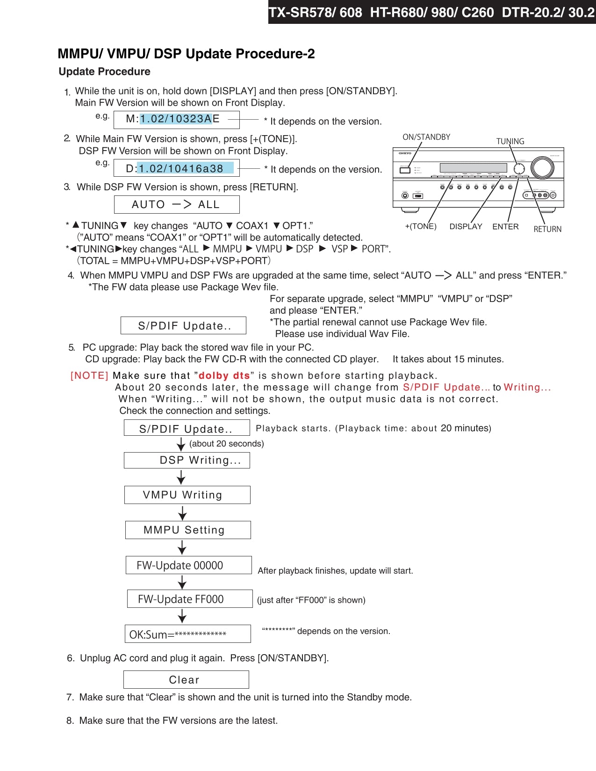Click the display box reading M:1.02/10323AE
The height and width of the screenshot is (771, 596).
pyautogui.click(x=177, y=119)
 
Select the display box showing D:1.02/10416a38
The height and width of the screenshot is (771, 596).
pyautogui.click(x=177, y=168)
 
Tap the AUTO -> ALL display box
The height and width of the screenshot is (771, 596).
pyautogui.click(x=177, y=204)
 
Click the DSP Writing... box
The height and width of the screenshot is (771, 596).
pyautogui.click(x=187, y=460)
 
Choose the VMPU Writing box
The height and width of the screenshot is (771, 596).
pyautogui.click(x=187, y=495)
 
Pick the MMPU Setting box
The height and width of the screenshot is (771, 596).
pyautogui.click(x=188, y=530)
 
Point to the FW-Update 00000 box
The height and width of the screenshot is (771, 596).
pyautogui.click(x=188, y=565)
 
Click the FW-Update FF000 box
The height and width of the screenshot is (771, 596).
pyautogui.click(x=190, y=599)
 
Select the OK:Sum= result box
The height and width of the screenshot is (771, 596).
pyautogui.click(x=187, y=634)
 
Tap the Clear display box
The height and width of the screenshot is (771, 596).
pyautogui.click(x=186, y=680)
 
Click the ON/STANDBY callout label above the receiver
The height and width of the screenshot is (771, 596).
pyautogui.click(x=426, y=137)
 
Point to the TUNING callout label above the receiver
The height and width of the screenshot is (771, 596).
pyautogui.click(x=510, y=141)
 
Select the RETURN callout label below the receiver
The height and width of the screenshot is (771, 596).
pyautogui.click(x=547, y=229)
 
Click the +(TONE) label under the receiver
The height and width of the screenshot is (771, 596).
pyautogui.click(x=421, y=226)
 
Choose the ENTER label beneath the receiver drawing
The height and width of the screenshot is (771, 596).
pyautogui.click(x=505, y=226)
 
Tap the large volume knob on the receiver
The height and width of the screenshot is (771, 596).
pyautogui.click(x=542, y=168)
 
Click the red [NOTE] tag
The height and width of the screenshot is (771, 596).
pyautogui.click(x=89, y=375)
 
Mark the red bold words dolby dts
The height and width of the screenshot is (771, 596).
pyautogui.click(x=224, y=375)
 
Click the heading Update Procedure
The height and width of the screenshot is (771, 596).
pyautogui.click(x=104, y=72)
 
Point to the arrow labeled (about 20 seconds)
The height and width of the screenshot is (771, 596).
pyautogui.click(x=181, y=444)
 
